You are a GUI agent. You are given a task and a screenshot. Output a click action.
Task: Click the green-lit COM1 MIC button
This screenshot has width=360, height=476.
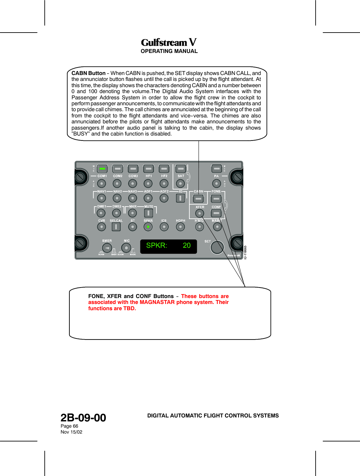[x=102, y=168]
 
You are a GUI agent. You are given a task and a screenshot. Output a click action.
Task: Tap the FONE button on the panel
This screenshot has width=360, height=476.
[x=216, y=199]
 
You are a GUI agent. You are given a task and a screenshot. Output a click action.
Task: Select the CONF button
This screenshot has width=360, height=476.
[x=216, y=213]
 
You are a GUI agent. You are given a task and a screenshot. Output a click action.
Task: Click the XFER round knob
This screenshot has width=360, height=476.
[x=200, y=213]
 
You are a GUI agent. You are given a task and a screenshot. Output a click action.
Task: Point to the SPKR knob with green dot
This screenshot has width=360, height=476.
[x=148, y=227]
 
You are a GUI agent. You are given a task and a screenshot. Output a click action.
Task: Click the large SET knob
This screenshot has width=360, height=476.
[x=217, y=247]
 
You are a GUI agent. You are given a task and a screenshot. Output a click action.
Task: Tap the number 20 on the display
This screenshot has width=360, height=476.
[x=187, y=245]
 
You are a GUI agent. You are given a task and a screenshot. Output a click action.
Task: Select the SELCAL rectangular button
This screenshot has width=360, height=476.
[x=116, y=227]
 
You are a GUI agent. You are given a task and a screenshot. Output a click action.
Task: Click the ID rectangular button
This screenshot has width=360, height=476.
[x=180, y=198]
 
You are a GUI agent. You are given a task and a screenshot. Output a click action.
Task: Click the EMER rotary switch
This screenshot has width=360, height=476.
[x=107, y=248]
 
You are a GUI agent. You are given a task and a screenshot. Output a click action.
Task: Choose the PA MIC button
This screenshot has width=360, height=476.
[x=216, y=168]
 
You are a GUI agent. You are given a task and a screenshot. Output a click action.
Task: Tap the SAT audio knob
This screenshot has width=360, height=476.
[x=180, y=183]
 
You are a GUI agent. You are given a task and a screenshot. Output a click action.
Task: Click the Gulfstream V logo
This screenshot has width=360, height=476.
[x=169, y=42]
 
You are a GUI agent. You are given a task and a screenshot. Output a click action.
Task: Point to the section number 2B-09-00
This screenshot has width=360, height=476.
[x=83, y=418]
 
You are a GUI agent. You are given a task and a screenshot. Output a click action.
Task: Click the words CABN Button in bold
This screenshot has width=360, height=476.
[x=88, y=73]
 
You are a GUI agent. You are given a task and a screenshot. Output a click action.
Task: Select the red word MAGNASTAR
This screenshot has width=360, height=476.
[x=157, y=302]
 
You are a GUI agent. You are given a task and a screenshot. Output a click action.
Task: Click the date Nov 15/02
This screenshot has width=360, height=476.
[x=71, y=432]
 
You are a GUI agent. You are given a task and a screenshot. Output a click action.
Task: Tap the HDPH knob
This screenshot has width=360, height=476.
[x=180, y=227]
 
